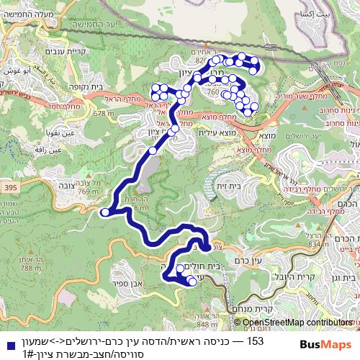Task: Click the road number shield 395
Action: [8, 187]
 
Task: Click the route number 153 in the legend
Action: [255, 341]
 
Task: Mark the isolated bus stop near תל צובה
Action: [105, 212]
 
